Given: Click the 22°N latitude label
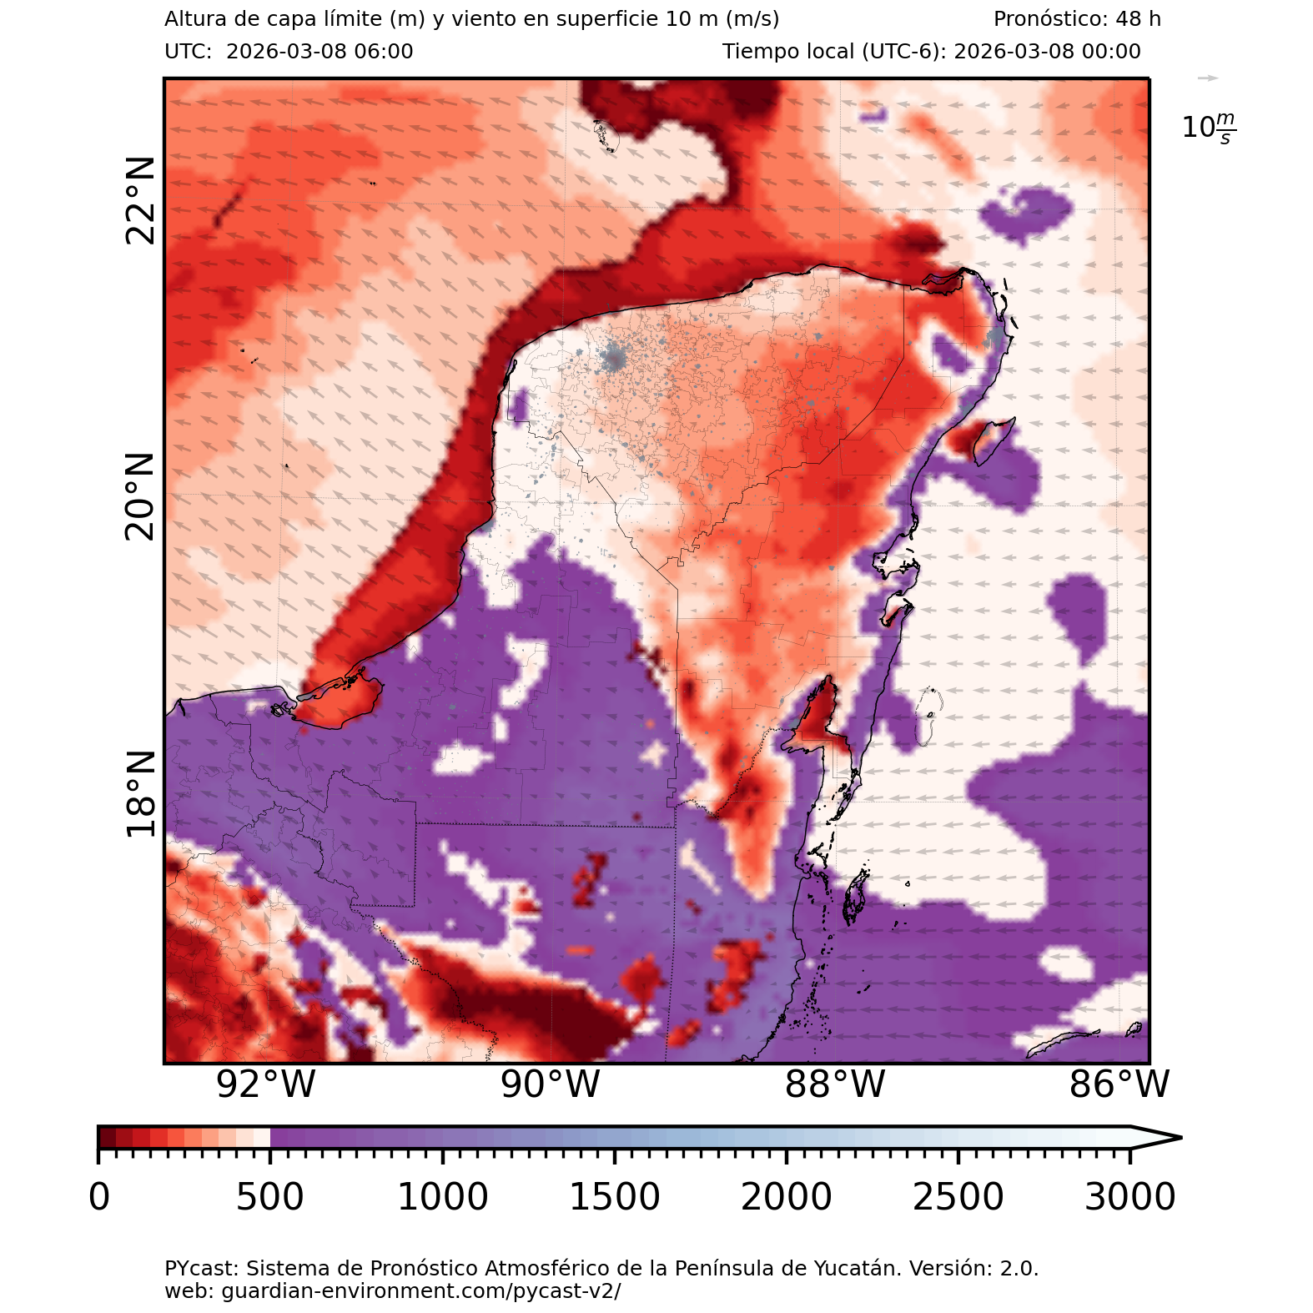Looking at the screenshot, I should tap(140, 200).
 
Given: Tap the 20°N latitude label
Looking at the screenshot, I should tap(140, 497).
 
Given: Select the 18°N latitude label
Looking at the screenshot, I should tap(140, 793).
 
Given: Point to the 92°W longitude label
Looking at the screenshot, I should tap(266, 1084).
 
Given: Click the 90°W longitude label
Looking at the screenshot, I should tap(551, 1084).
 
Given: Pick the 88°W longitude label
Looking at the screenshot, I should tap(835, 1084).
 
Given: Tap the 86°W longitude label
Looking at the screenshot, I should tap(1119, 1084).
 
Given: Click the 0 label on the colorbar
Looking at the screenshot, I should tap(99, 1197).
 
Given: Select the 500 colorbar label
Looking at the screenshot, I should tap(269, 1197).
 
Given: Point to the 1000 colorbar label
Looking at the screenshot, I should tap(442, 1197).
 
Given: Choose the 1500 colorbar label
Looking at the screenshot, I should tap(614, 1197).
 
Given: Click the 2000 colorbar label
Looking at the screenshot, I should tap(786, 1197).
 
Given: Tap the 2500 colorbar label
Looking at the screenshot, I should tap(958, 1197).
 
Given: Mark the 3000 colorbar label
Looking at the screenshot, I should tap(1129, 1197).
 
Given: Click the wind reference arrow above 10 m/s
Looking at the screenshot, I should tap(1208, 78).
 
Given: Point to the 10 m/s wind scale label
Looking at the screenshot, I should tap(1209, 128).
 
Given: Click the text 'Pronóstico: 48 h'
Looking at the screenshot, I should tap(1077, 19).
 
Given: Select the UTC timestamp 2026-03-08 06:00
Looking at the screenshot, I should tap(319, 52).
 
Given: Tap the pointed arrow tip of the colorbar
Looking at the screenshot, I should tap(1176, 1137).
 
